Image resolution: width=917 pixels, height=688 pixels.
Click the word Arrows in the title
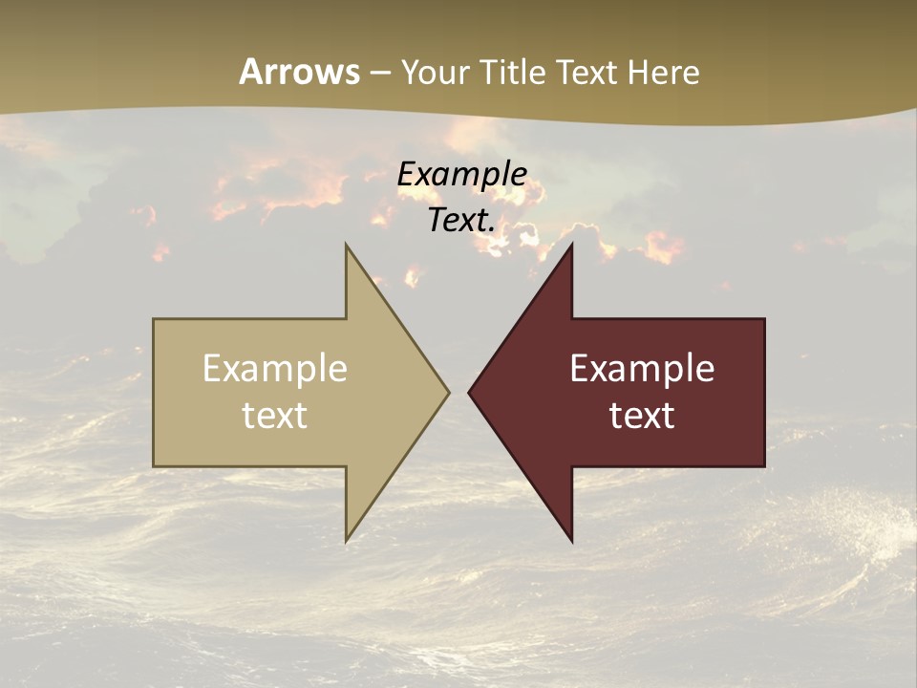click(x=299, y=72)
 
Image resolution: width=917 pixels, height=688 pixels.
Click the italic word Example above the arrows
click(x=462, y=174)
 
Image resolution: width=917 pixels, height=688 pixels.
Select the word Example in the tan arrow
click(x=275, y=368)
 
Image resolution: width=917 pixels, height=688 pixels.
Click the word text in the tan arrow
click(x=275, y=416)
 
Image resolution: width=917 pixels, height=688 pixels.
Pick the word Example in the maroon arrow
click(x=642, y=368)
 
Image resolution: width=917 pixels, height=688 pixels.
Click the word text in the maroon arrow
click(x=642, y=416)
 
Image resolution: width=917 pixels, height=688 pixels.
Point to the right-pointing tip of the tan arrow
click(x=449, y=392)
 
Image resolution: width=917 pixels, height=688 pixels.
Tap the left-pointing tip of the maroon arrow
click(x=469, y=392)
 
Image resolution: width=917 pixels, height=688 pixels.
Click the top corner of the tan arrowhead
click(x=346, y=245)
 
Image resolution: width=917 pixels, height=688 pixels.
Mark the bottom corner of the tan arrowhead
click(x=346, y=541)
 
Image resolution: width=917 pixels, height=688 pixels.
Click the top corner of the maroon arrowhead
click(x=571, y=245)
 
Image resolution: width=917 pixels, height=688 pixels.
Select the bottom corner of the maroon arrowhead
click(x=571, y=541)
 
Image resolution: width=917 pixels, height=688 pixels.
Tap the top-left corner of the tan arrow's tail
click(x=154, y=319)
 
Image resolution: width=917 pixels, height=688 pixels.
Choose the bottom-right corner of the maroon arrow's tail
click(x=764, y=465)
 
